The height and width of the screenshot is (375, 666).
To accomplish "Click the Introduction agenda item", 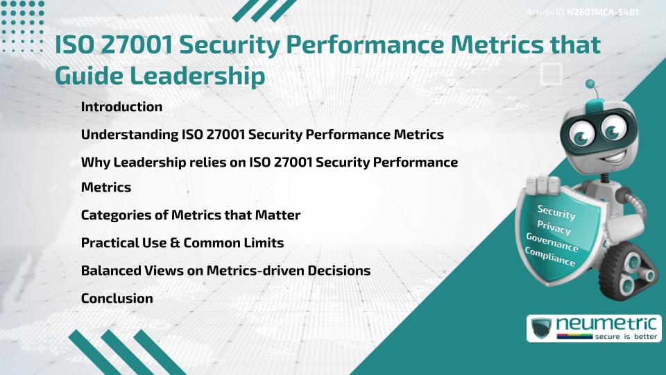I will point(121,107).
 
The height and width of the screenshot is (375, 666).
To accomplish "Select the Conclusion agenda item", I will point(117,298).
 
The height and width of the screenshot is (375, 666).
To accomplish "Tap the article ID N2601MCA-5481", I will point(602,12).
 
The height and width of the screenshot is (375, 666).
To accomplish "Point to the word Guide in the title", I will point(87,76).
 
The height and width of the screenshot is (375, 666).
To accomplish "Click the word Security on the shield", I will point(556,211).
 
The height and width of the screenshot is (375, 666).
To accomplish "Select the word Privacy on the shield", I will point(554,227).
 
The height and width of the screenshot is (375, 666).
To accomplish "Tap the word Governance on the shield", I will point(552,242).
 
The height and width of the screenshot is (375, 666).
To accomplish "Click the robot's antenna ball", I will point(590,85).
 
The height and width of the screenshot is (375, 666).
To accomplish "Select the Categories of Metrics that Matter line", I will point(190,215).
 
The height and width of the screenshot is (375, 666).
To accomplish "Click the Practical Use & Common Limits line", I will point(182,243).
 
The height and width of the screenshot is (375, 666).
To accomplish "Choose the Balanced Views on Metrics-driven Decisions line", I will point(225,270).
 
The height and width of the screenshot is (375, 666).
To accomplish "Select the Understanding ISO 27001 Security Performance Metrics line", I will point(262,135).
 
